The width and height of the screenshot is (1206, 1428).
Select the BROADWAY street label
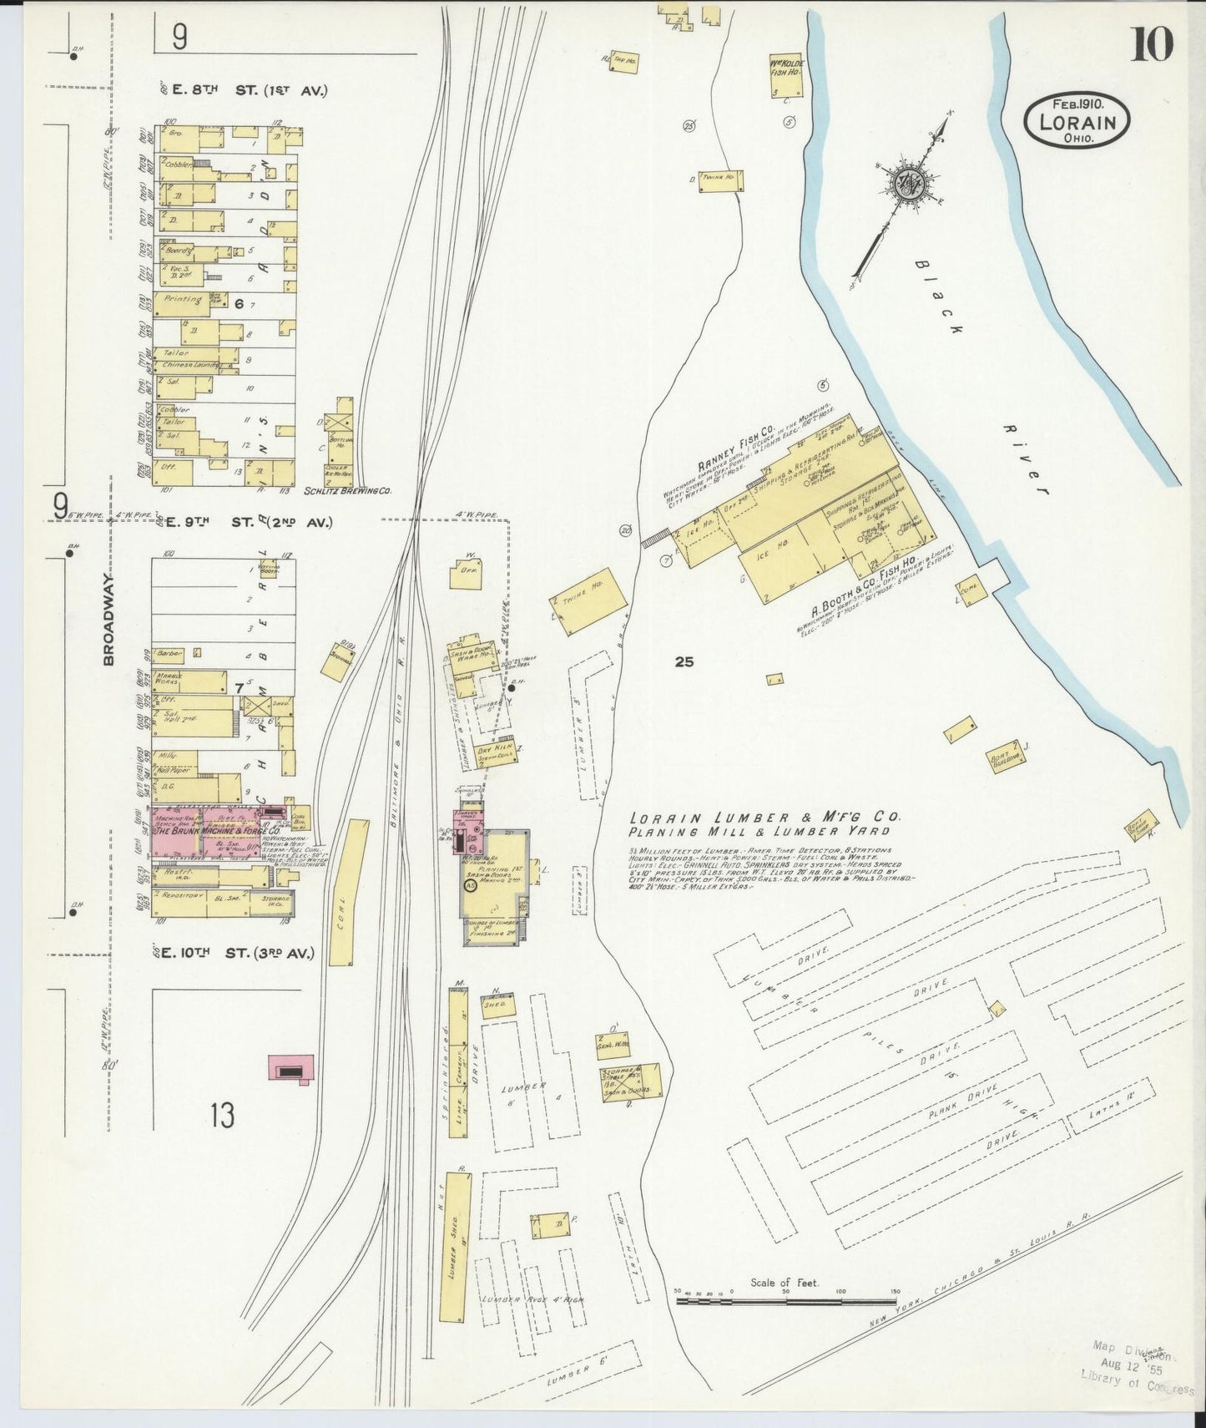pos(108,619)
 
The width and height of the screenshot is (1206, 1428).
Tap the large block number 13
pos(222,1115)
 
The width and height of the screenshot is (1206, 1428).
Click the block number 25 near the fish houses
pos(684,662)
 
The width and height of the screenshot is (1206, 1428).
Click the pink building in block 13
pos(290,1068)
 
